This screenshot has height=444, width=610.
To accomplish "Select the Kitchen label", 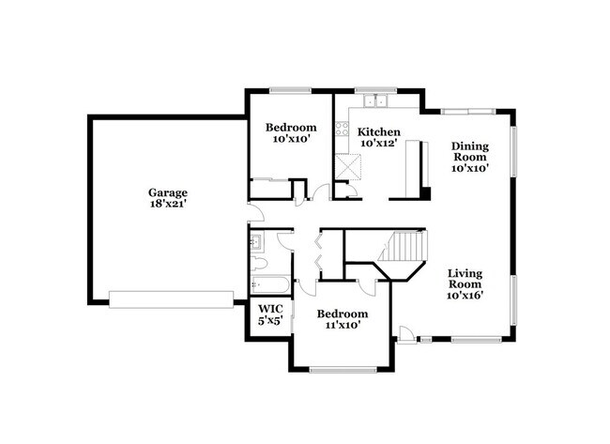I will [x=380, y=132].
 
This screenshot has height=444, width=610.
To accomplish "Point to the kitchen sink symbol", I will [x=379, y=100].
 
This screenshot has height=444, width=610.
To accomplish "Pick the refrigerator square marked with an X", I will [x=350, y=167].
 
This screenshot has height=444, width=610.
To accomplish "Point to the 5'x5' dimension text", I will [x=269, y=321].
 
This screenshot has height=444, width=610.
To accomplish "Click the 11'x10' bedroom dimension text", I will [x=342, y=326].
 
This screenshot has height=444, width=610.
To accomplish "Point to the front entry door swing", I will [x=405, y=333].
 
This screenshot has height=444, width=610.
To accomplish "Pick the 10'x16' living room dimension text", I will [x=465, y=295].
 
